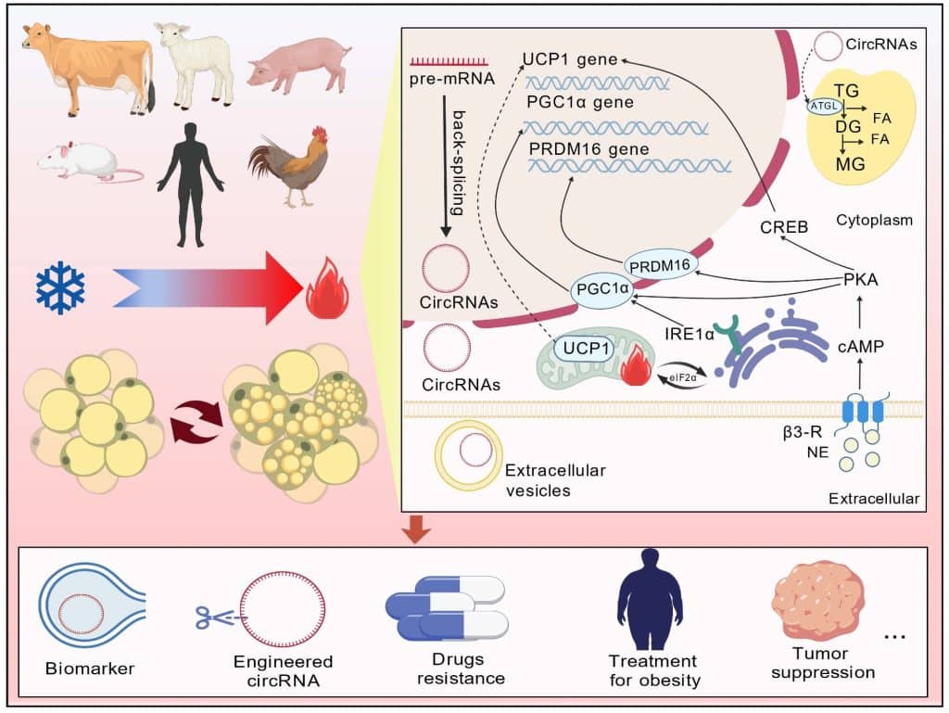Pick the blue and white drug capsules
447,608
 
